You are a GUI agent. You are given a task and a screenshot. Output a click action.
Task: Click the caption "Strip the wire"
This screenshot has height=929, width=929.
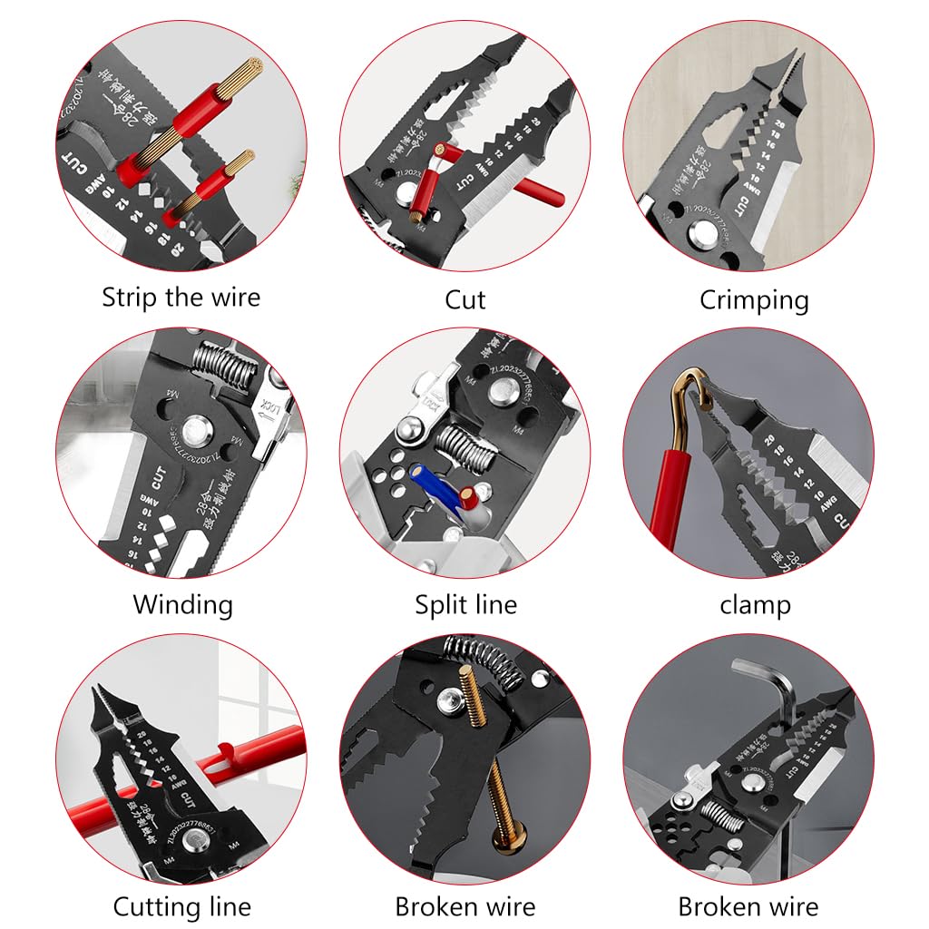[x=181, y=298]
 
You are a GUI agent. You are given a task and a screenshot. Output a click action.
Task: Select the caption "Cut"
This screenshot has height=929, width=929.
[x=464, y=299]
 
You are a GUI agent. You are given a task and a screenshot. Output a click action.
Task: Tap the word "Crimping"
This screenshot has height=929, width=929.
[x=753, y=299]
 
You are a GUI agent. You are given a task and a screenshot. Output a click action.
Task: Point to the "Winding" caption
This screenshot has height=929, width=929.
[x=182, y=604]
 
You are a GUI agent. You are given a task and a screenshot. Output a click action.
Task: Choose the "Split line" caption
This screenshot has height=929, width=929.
[x=465, y=604]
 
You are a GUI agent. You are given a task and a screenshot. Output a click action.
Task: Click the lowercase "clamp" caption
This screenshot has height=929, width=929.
[x=755, y=604]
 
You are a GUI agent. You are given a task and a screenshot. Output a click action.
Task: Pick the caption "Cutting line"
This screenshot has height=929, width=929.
[x=181, y=905]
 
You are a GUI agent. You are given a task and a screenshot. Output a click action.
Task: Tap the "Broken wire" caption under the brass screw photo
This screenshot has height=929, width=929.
[x=464, y=905]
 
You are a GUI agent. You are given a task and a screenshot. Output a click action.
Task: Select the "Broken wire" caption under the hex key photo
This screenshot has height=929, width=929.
[x=748, y=905]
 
